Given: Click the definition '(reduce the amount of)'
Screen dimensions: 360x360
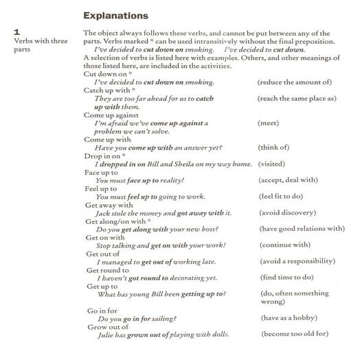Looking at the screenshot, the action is pyautogui.click(x=294, y=82).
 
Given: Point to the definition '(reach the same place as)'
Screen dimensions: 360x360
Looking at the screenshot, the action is pyautogui.click(x=297, y=98).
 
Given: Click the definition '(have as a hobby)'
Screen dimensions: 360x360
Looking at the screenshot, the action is pyautogui.click(x=290, y=319).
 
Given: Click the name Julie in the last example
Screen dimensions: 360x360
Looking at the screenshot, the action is pyautogui.click(x=104, y=335).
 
